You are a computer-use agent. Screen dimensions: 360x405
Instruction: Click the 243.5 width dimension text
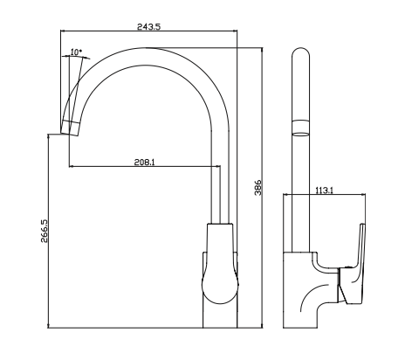click(x=149, y=27)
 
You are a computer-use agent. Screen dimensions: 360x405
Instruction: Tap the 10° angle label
click(x=76, y=52)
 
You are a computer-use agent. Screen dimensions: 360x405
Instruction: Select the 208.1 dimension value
click(x=145, y=162)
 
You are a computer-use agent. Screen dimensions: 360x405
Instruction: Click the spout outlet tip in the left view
click(x=69, y=128)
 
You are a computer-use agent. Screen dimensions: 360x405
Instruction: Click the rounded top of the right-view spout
click(x=299, y=57)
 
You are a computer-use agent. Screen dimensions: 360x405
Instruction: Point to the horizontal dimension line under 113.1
click(x=324, y=197)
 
